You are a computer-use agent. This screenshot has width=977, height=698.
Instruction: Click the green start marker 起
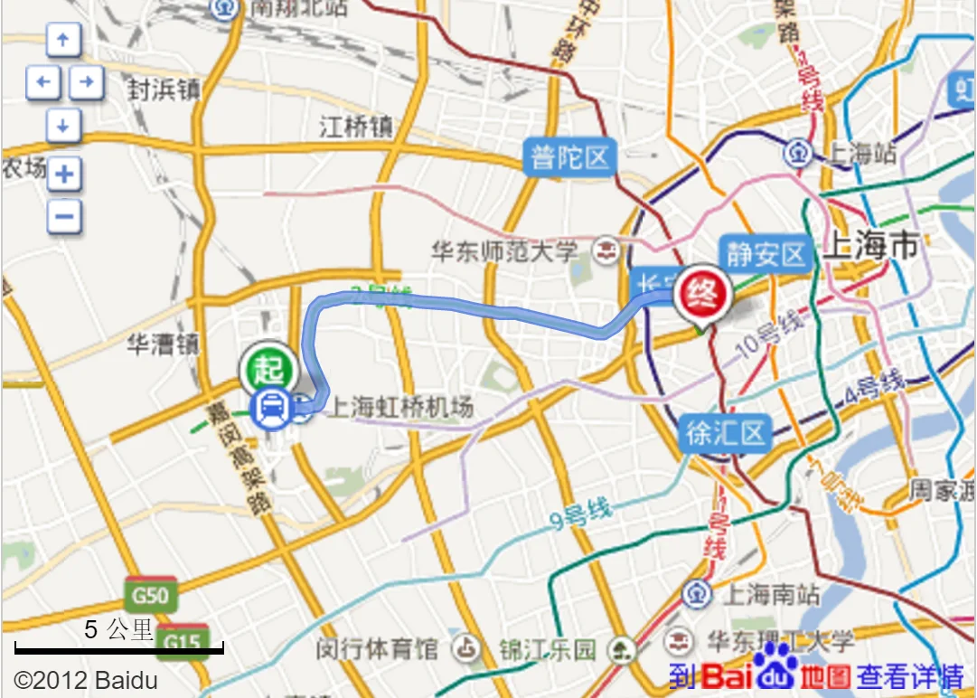[268, 368]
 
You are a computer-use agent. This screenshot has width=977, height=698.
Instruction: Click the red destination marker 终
[703, 293]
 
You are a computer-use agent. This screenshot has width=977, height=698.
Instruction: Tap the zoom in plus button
[63, 174]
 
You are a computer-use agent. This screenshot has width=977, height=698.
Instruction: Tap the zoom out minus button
[63, 216]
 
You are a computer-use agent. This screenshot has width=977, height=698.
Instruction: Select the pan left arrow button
[42, 83]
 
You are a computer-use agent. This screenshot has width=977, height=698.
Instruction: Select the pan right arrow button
[86, 83]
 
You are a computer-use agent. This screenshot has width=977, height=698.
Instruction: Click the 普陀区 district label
[570, 158]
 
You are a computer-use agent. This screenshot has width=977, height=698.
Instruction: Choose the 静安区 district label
[766, 254]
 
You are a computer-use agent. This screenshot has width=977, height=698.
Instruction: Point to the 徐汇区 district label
[726, 434]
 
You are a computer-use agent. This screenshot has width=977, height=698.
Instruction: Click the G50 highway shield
[150, 595]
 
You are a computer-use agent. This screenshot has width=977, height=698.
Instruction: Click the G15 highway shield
[182, 640]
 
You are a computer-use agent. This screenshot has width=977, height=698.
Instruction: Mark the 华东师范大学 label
[503, 250]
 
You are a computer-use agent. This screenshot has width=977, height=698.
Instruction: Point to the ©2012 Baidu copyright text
[85, 679]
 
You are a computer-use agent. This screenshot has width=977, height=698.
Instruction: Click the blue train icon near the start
[272, 409]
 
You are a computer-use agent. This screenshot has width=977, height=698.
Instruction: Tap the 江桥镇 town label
[356, 127]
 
